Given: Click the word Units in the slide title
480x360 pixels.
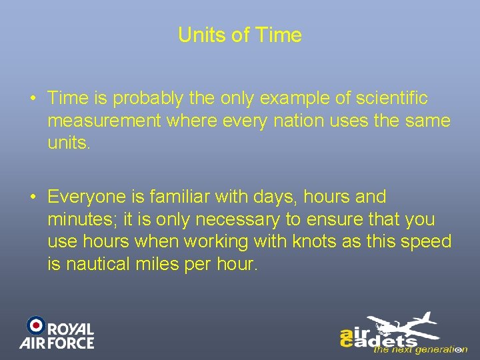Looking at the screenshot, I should (202, 35).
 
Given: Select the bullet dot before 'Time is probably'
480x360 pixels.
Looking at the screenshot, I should (33, 99).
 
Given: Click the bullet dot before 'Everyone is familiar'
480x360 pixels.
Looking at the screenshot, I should (33, 197).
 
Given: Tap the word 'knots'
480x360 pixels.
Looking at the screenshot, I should (316, 241).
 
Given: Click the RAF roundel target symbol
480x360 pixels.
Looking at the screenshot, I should (35, 325).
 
